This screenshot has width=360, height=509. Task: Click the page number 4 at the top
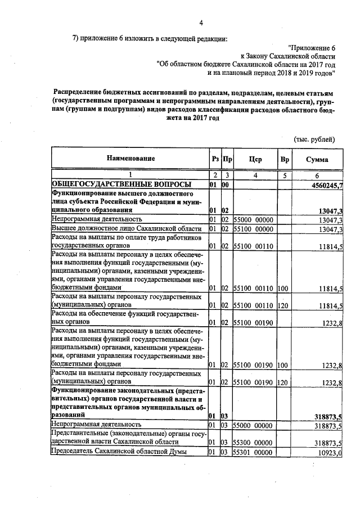(x=201, y=23)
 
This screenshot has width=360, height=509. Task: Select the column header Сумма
(x=317, y=160)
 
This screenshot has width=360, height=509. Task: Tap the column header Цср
(x=255, y=160)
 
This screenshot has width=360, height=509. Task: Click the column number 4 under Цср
(x=255, y=175)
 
